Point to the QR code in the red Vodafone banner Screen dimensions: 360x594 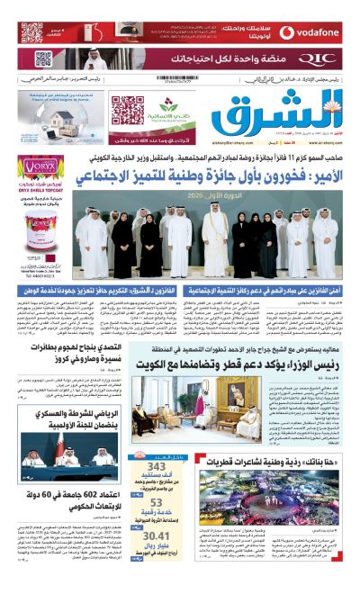tap(32, 33)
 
